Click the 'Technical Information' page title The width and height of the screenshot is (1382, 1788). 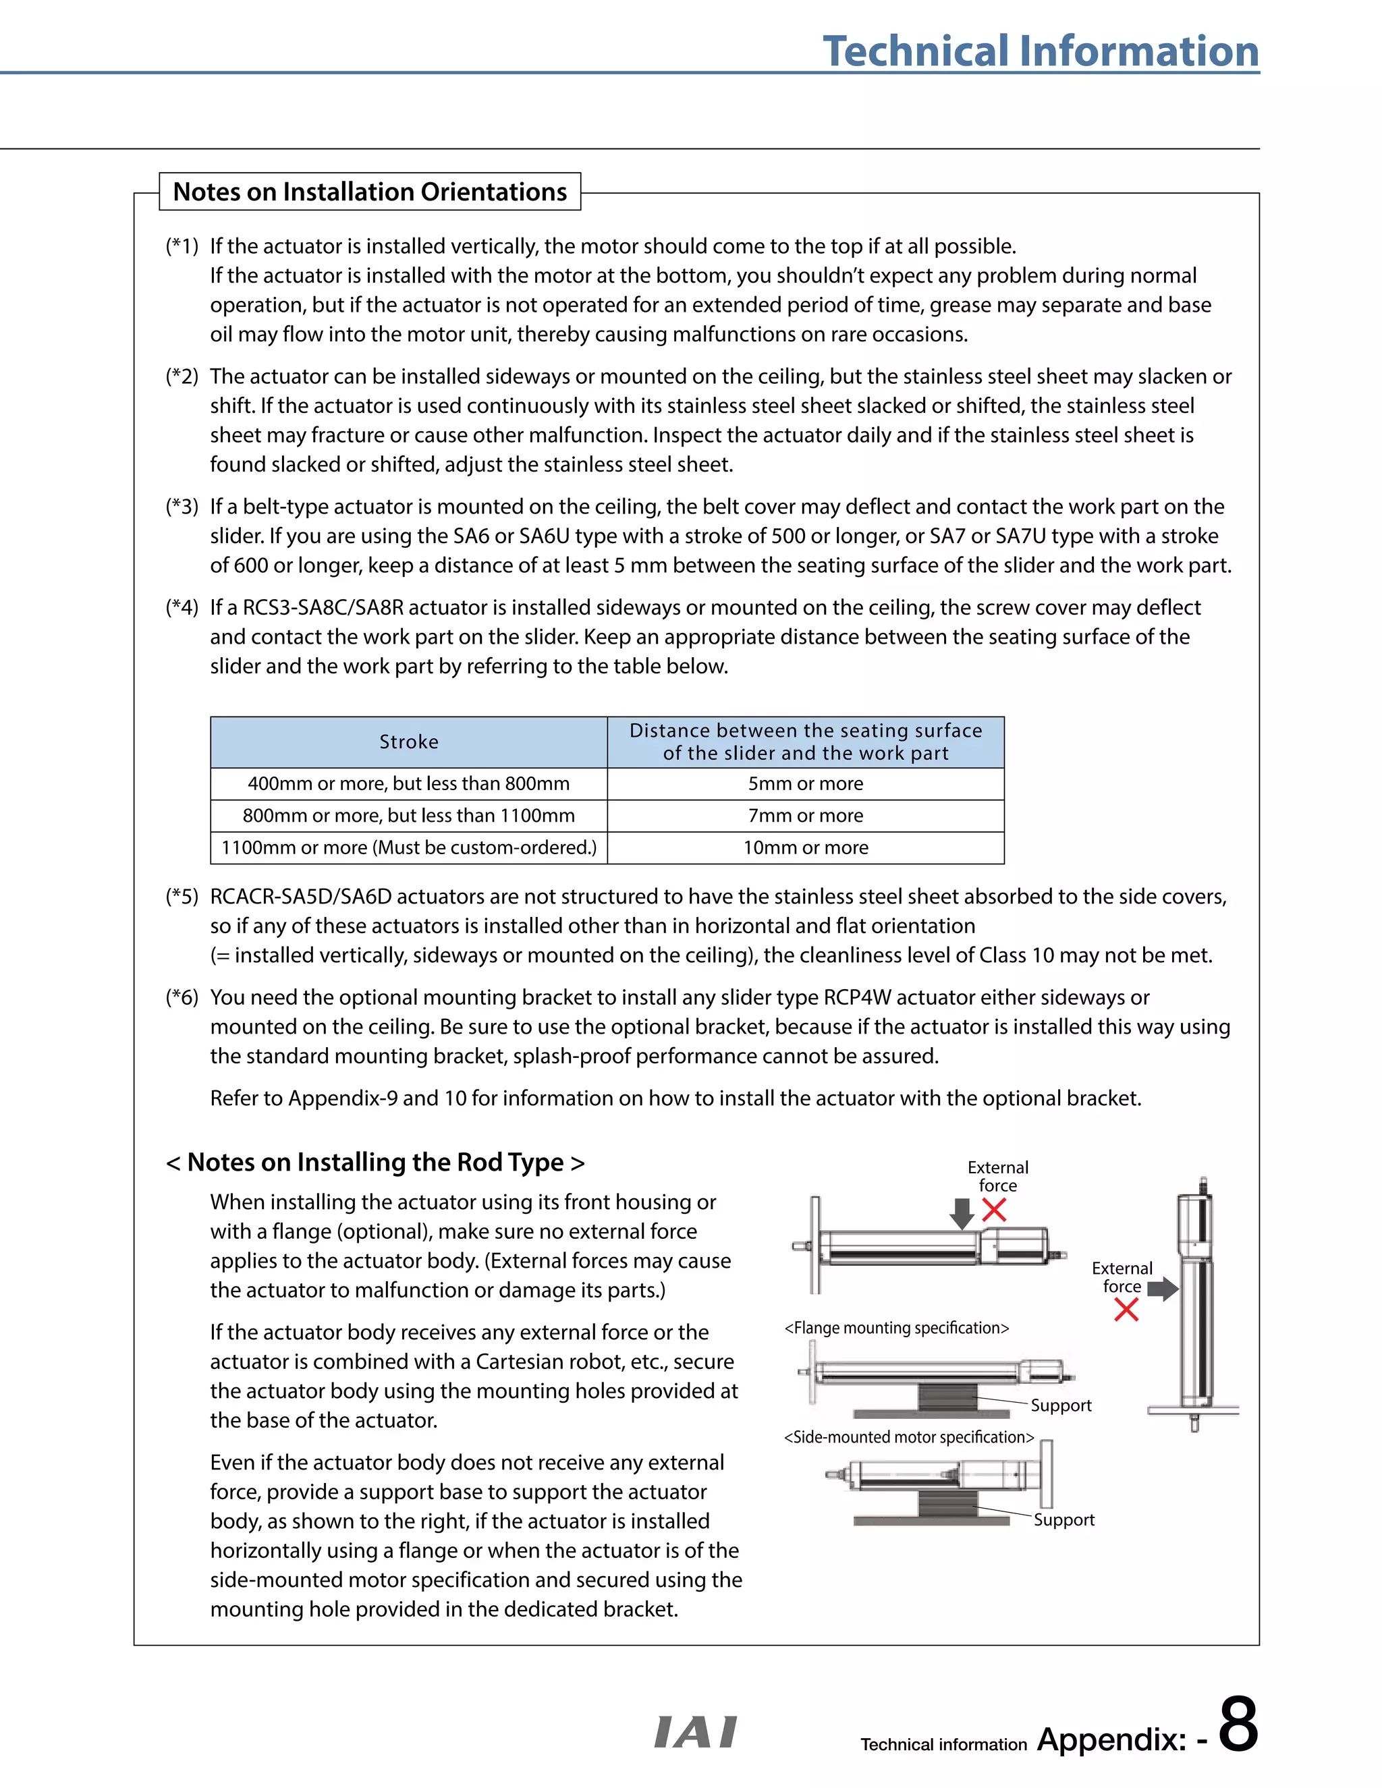tap(1040, 51)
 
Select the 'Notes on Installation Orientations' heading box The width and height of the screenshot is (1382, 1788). tap(369, 192)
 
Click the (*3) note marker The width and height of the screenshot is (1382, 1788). tap(182, 507)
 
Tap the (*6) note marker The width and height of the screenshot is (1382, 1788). tap(182, 997)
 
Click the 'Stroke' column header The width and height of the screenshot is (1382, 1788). tap(408, 742)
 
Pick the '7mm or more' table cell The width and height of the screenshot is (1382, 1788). tap(805, 816)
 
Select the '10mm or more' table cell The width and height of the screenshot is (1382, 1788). tap(805, 847)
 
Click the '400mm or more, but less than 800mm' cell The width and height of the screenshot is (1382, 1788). tap(408, 783)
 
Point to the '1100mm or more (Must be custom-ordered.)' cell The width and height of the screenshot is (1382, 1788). tap(408, 847)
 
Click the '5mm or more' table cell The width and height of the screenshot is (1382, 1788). tap(805, 783)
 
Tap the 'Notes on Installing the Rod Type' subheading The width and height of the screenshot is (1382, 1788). tap(375, 1162)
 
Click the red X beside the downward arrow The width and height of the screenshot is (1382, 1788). tap(994, 1209)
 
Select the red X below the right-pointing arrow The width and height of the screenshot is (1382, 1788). tap(1126, 1310)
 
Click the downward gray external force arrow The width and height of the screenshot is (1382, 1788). tap(962, 1213)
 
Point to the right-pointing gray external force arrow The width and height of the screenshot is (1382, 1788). tap(1162, 1289)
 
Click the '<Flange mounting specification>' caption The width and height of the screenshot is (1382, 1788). tap(897, 1328)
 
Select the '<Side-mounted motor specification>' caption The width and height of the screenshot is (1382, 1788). tap(909, 1436)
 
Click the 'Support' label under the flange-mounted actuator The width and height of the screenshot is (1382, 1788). tap(1060, 1405)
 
